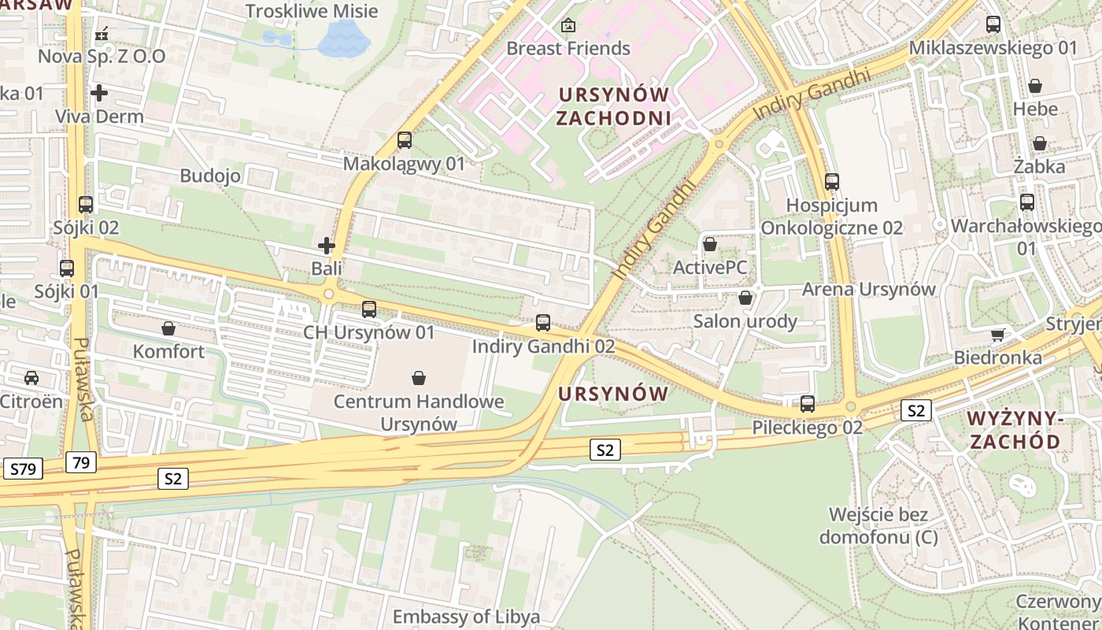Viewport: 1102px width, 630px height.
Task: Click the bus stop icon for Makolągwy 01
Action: pyautogui.click(x=405, y=140)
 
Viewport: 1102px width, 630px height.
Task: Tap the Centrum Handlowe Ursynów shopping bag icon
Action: pyautogui.click(x=419, y=379)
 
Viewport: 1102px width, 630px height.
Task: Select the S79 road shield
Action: pyautogui.click(x=23, y=469)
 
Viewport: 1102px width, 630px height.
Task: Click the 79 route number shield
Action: pyautogui.click(x=81, y=462)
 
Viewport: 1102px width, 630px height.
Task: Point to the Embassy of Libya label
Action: pyautogui.click(x=466, y=616)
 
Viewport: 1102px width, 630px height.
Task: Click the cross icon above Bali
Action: pyautogui.click(x=327, y=246)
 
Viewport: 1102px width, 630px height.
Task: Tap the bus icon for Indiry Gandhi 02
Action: pyautogui.click(x=543, y=322)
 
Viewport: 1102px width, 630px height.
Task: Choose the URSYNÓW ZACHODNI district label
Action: pyautogui.click(x=613, y=106)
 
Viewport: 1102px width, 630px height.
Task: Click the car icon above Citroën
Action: pyautogui.click(x=31, y=378)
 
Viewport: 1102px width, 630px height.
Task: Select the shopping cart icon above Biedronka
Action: pyautogui.click(x=997, y=335)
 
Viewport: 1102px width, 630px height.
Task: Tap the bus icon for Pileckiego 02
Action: pyautogui.click(x=808, y=404)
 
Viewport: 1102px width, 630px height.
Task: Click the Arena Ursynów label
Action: pyautogui.click(x=868, y=289)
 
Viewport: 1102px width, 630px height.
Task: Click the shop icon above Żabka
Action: pyautogui.click(x=1039, y=143)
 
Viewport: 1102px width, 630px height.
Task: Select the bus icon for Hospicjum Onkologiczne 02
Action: pyautogui.click(x=832, y=182)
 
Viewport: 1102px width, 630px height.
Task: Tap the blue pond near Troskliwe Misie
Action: pyautogui.click(x=343, y=37)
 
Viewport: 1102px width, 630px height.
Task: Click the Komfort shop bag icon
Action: pyautogui.click(x=168, y=328)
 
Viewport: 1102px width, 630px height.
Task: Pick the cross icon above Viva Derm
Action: pyautogui.click(x=99, y=93)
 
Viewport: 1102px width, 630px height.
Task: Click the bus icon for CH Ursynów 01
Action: pyautogui.click(x=369, y=309)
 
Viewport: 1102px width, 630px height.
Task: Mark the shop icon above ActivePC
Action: pyautogui.click(x=710, y=244)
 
